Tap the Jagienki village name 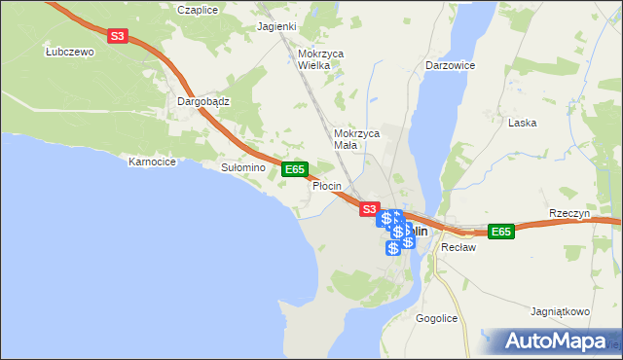275,27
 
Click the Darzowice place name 450,65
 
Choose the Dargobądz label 202,100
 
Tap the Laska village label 523,124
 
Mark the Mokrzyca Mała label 355,138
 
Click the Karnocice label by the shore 152,162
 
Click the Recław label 457,247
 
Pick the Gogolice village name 437,318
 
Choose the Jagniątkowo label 561,312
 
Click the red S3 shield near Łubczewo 118,36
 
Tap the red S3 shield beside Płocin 368,208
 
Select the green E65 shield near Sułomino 296,169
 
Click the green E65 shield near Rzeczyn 500,231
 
